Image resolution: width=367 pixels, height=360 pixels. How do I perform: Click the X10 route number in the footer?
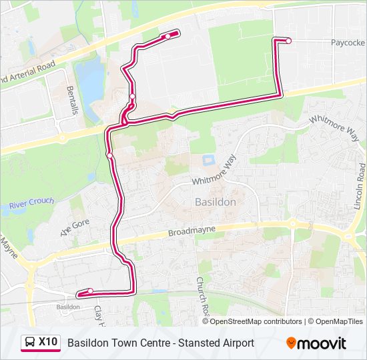tap(48, 343)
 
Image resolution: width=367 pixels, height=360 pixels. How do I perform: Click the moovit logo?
tap(316, 343)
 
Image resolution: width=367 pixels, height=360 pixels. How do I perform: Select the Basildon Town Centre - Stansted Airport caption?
tap(161, 343)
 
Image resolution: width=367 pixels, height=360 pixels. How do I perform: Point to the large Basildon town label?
tap(215, 201)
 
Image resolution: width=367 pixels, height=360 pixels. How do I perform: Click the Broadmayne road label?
tap(192, 232)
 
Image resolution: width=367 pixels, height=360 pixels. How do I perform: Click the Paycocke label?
tap(348, 42)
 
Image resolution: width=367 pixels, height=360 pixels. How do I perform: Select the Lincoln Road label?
tap(360, 187)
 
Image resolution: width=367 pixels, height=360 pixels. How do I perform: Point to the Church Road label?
tap(200, 297)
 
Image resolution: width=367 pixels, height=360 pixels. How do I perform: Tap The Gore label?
tap(75, 227)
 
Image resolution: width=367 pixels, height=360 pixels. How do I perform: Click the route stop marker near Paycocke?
tap(289, 41)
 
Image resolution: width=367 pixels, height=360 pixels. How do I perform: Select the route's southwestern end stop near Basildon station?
tap(90, 291)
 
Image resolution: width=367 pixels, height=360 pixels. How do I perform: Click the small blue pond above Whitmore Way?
tap(207, 160)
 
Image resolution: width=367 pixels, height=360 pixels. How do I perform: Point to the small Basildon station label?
tap(67, 307)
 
